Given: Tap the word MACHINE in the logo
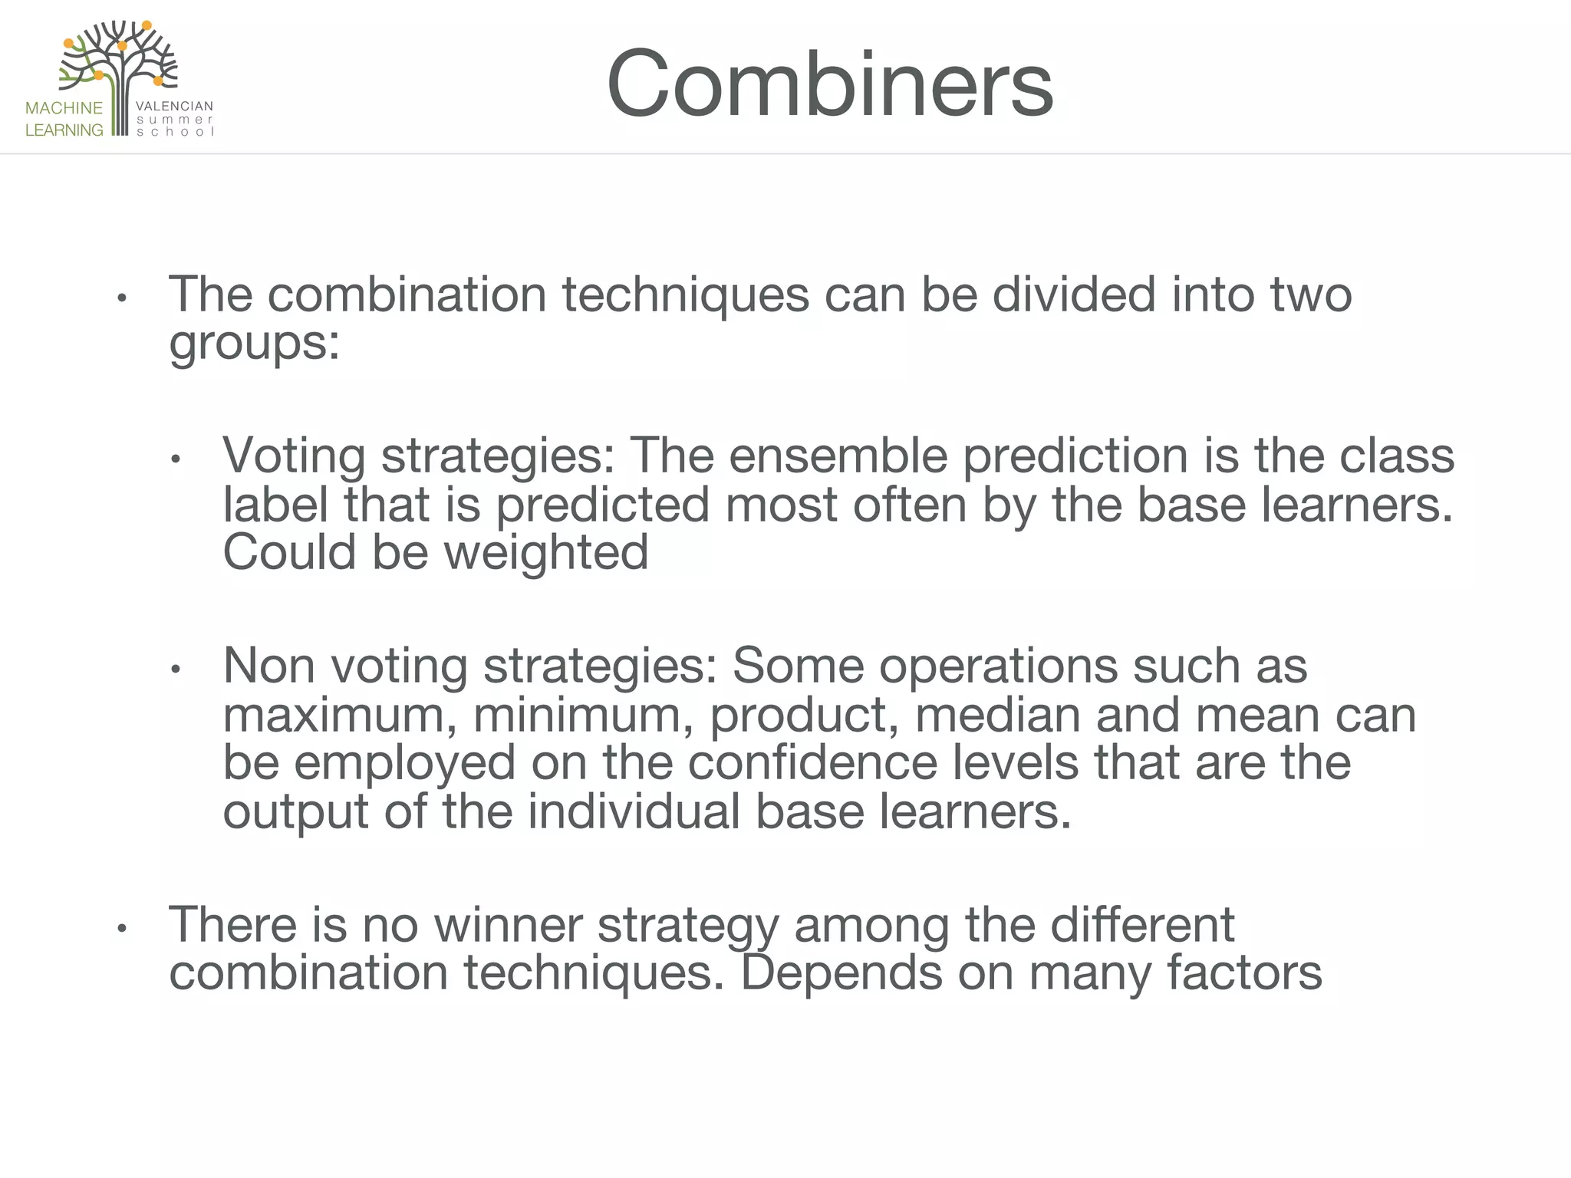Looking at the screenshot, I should pos(64,108).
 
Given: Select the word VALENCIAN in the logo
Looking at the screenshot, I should pos(174,107).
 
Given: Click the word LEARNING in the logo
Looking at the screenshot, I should pos(64,130).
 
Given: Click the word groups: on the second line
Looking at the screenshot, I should pos(254,342).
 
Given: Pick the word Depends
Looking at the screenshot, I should pos(841,973).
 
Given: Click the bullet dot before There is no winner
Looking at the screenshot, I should pos(120,930).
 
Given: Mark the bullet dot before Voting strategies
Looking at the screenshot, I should pos(175,460).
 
